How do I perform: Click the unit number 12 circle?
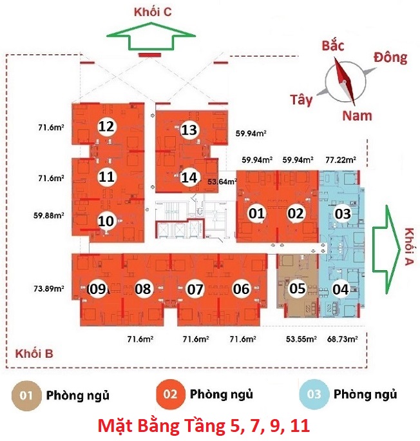click(106, 126)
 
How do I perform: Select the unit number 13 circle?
click(189, 130)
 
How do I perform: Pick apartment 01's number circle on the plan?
click(257, 213)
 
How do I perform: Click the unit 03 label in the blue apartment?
click(341, 213)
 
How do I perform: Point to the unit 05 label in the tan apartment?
click(297, 289)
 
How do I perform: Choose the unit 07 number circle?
click(195, 289)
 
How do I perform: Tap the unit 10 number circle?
click(106, 221)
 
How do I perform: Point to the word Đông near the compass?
click(390, 58)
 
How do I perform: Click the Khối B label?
click(33, 354)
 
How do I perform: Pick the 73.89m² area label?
click(50, 289)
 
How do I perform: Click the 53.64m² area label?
click(221, 182)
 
